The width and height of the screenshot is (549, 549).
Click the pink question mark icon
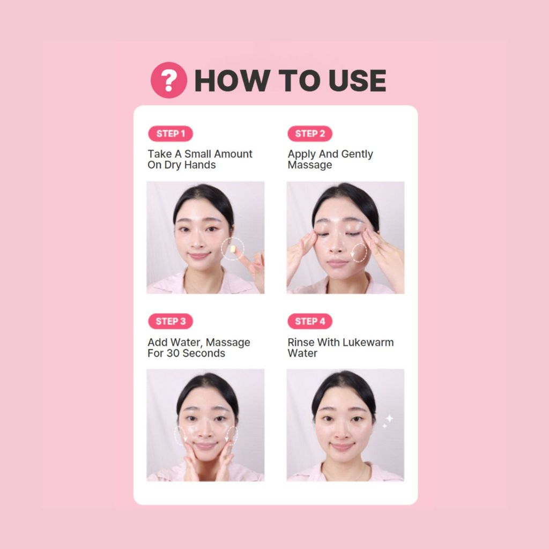click(x=169, y=80)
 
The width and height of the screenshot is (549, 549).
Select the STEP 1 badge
click(x=170, y=133)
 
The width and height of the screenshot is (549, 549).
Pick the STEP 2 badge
click(x=310, y=133)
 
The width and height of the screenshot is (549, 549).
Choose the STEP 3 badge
click(x=170, y=321)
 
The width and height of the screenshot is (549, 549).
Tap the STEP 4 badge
click(x=310, y=321)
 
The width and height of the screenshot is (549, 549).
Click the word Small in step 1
click(x=198, y=154)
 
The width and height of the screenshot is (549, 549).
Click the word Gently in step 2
click(x=357, y=154)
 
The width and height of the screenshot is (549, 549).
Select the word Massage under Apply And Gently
click(x=309, y=165)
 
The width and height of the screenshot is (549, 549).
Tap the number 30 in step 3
click(x=173, y=353)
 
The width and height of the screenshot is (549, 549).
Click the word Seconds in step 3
click(x=204, y=353)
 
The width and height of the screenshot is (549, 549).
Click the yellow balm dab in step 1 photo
click(x=233, y=249)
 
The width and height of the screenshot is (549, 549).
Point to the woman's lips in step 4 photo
click(x=341, y=447)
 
